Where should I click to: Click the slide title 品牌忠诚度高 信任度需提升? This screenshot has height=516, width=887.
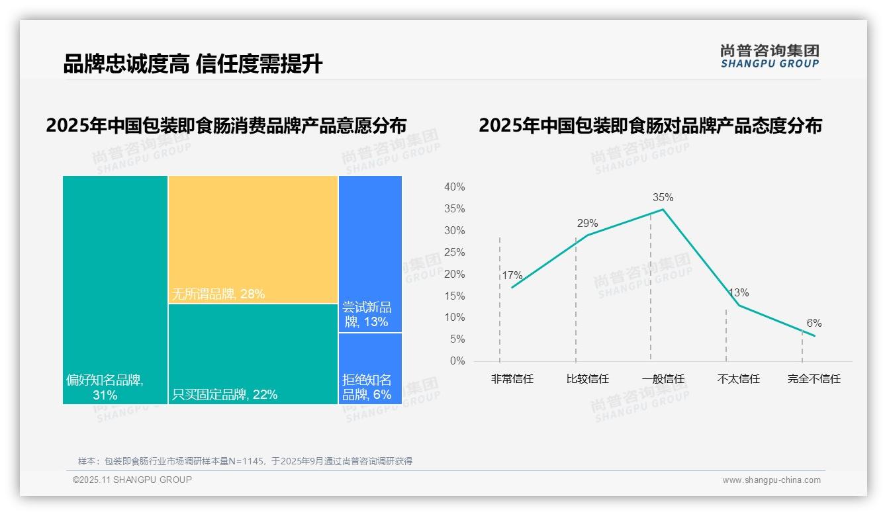(193, 64)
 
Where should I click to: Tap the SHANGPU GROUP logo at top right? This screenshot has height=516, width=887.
(769, 56)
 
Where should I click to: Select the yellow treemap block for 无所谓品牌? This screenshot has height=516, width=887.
(253, 239)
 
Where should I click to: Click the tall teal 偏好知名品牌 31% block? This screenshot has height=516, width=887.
(115, 289)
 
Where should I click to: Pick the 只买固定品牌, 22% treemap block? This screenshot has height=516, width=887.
(253, 354)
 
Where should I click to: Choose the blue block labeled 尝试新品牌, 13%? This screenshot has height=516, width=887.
(370, 253)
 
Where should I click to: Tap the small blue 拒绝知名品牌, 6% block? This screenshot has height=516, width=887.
(370, 368)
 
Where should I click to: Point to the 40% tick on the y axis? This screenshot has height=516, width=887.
(454, 187)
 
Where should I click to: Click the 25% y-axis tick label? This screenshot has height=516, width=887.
(454, 253)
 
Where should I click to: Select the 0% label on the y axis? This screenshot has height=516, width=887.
(457, 361)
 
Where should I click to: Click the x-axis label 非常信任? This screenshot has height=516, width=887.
(512, 379)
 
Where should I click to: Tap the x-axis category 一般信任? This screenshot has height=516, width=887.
(663, 379)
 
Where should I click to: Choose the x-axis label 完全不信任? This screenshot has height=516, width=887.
(814, 379)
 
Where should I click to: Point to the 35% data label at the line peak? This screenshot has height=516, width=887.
(663, 197)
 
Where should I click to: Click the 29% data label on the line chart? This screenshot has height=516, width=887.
(587, 223)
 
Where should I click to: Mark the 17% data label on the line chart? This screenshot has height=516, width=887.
(512, 275)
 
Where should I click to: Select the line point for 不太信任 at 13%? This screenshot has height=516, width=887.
(739, 305)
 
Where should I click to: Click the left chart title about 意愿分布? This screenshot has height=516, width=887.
(226, 125)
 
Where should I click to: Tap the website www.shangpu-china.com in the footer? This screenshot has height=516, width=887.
(771, 480)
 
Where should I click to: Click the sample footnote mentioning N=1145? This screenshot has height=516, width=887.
(245, 461)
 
